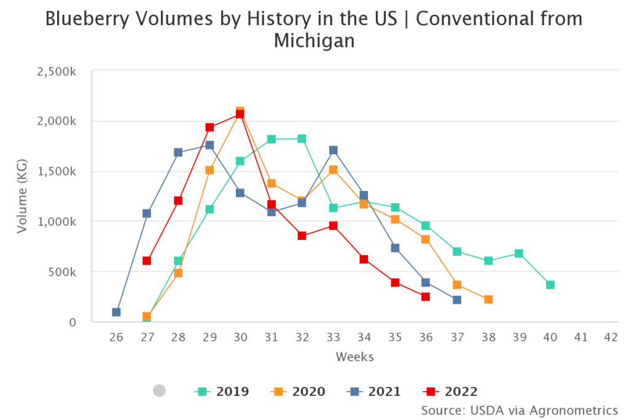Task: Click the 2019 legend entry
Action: (222, 391)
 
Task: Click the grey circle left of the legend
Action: (159, 390)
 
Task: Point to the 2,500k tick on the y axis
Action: (57, 71)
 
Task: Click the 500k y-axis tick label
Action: (61, 272)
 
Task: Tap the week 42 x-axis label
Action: (611, 337)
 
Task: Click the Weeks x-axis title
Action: (354, 357)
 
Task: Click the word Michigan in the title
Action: (314, 41)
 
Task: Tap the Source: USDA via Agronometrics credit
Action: (519, 410)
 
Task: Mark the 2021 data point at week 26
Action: (116, 312)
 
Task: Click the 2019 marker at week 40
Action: (550, 285)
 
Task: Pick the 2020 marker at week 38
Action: (488, 299)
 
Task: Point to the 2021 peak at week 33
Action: (333, 150)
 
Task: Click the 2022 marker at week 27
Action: (147, 261)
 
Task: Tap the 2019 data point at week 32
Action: (302, 138)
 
